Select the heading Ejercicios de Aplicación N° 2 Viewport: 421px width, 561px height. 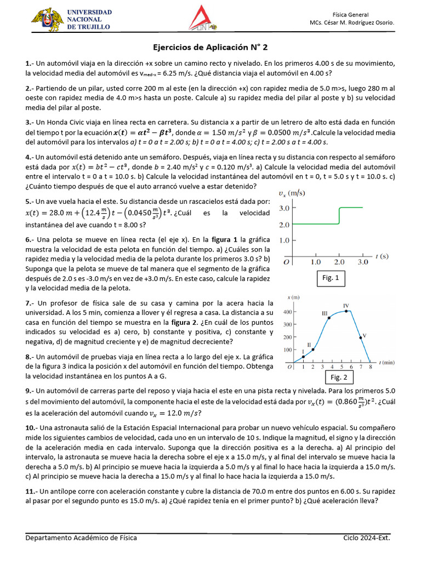[210, 48]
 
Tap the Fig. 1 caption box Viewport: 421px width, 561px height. [331, 278]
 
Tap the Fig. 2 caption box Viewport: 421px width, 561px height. [338, 377]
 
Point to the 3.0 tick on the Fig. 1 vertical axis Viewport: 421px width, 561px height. [286, 208]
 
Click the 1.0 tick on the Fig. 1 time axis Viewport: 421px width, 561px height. [315, 262]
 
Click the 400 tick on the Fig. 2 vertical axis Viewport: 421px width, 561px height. [287, 312]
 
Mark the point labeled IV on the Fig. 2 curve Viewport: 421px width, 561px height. [346, 311]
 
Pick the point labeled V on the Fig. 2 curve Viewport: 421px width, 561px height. [360, 338]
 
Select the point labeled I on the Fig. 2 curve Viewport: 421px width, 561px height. [303, 357]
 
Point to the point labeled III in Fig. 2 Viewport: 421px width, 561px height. [329, 318]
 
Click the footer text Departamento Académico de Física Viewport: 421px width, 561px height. [81, 538]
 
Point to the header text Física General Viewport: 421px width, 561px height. [350, 14]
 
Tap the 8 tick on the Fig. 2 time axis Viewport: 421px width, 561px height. [371, 368]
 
